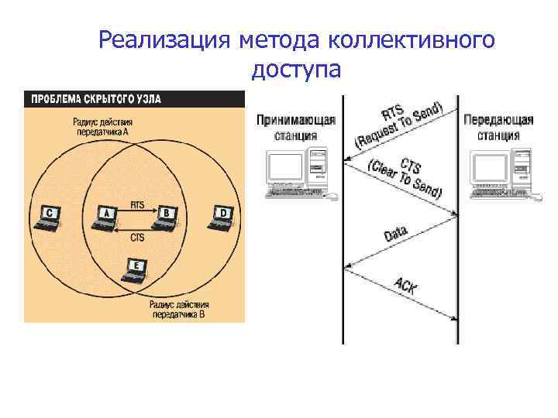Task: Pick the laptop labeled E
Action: (x=136, y=270)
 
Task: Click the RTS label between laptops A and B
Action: (x=136, y=205)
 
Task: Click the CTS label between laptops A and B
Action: (x=136, y=237)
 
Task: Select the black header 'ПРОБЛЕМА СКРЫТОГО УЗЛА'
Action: (x=95, y=99)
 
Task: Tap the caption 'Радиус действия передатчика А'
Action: (x=103, y=127)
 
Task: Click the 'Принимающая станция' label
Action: (x=296, y=128)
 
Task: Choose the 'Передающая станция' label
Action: (x=498, y=128)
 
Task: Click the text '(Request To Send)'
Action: (x=399, y=128)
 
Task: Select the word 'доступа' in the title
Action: (x=296, y=70)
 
